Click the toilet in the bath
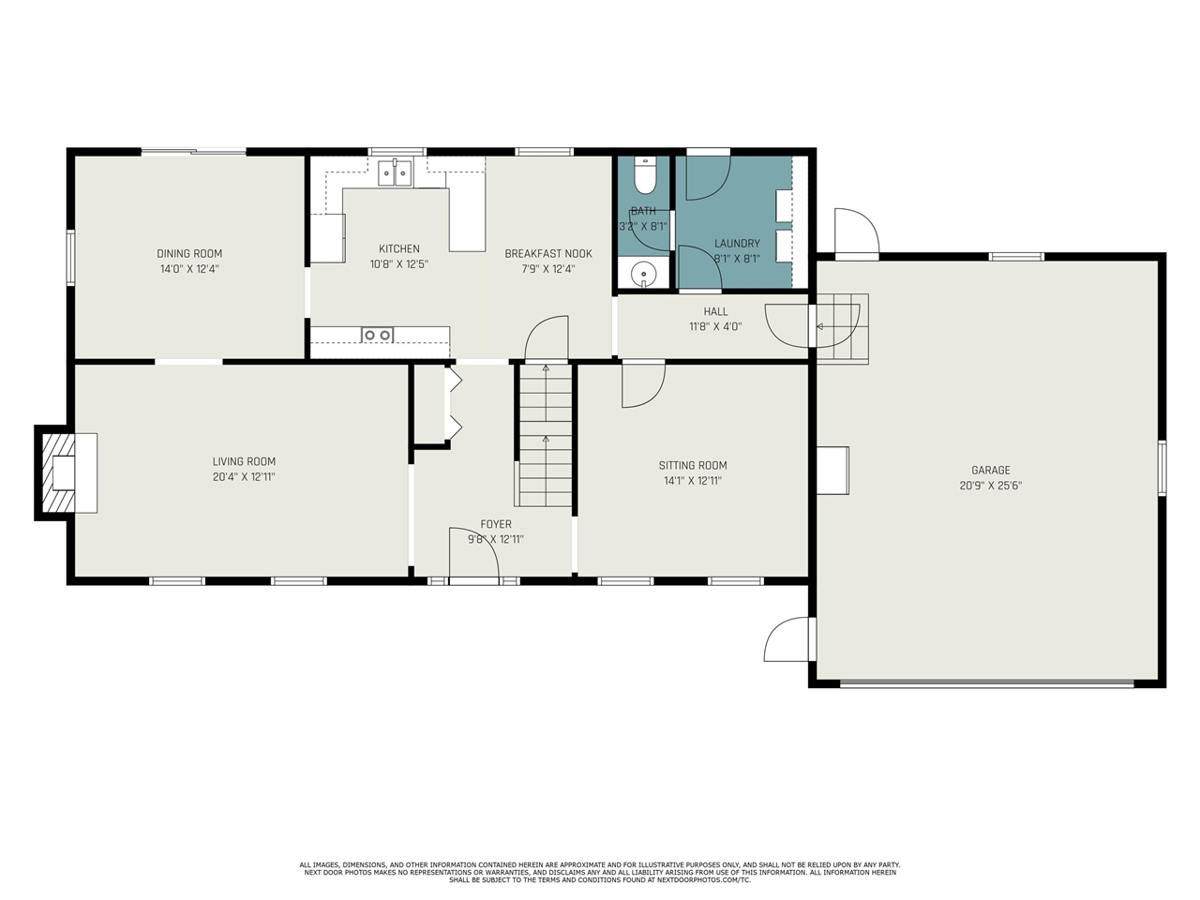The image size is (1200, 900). pos(645,176)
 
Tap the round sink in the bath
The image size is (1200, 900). pos(644,272)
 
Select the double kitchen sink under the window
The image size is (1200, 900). pos(395,172)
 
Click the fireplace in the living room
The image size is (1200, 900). pos(66,472)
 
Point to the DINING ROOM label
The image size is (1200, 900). pos(189,253)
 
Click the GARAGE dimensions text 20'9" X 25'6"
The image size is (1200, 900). pos(991,486)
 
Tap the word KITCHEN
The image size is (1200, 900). pos(399,248)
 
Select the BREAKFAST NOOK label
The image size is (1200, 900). pos(547,253)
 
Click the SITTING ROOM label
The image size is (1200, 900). pos(693,465)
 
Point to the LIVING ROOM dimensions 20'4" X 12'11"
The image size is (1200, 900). pos(244,476)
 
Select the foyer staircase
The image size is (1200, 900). pos(545,435)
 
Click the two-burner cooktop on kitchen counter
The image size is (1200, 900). pos(377,335)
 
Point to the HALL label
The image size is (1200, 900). pos(715,311)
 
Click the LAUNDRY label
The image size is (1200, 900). pos(737,243)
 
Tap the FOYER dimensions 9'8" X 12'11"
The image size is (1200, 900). pos(496,539)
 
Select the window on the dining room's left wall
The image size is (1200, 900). pos(70,258)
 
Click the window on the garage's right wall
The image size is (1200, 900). pos(1162,468)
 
